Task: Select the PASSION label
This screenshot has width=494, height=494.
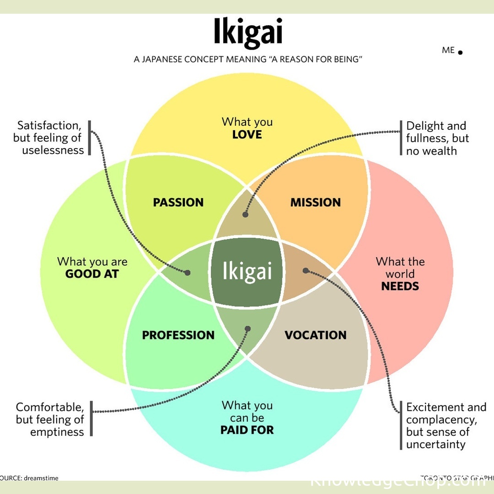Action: pyautogui.click(x=178, y=202)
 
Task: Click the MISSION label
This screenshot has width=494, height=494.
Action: pyautogui.click(x=316, y=202)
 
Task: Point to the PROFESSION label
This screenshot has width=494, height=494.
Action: pyautogui.click(x=178, y=335)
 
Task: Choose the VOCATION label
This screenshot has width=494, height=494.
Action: pyautogui.click(x=316, y=335)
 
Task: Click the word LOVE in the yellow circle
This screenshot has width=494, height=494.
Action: pyautogui.click(x=247, y=134)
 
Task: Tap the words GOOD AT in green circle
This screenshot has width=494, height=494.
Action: pyautogui.click(x=92, y=274)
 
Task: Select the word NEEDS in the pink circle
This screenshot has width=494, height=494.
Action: pyautogui.click(x=400, y=286)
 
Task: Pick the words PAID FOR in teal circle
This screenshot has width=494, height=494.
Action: pyautogui.click(x=247, y=430)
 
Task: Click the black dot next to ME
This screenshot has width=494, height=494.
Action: pyautogui.click(x=460, y=53)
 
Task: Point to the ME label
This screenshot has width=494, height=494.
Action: pyautogui.click(x=448, y=50)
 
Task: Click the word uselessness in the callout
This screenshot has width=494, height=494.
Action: pyautogui.click(x=53, y=150)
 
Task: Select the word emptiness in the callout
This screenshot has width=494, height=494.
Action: pyautogui.click(x=57, y=432)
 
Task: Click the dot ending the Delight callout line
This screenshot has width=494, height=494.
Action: pyautogui.click(x=246, y=214)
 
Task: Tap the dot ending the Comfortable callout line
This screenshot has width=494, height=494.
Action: pyautogui.click(x=248, y=328)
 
